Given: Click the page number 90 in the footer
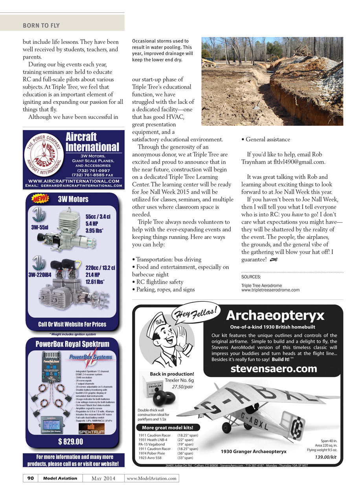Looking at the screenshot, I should click(30, 478).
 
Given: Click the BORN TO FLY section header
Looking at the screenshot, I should click(41, 26).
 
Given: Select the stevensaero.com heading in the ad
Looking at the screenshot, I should click(274, 369).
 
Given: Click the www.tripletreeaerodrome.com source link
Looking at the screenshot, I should click(270, 290).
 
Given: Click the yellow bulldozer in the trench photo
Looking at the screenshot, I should click(209, 62).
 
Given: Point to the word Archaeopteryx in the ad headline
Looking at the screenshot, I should click(276, 316).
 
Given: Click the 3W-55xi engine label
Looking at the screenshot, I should click(40, 227).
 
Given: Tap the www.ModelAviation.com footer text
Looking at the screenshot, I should click(151, 478).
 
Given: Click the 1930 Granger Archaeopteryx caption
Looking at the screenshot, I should click(253, 451).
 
